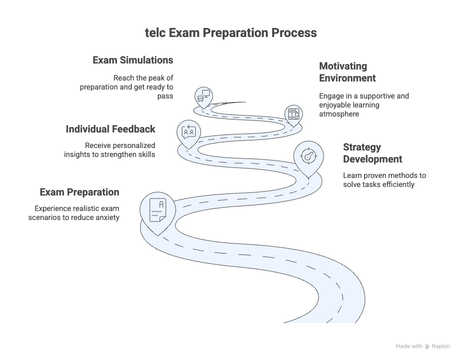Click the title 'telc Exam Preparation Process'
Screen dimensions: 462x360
pyautogui.click(x=231, y=33)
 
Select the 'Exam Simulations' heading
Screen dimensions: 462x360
pyautogui.click(x=133, y=60)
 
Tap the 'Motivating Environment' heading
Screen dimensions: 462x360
pyautogui.click(x=348, y=72)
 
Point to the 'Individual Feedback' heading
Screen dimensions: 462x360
pyautogui.click(x=110, y=129)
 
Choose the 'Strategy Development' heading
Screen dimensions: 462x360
pyautogui.click(x=373, y=153)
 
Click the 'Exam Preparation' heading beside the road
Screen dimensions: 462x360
pyautogui.click(x=79, y=192)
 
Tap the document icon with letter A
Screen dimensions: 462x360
pyautogui.click(x=158, y=210)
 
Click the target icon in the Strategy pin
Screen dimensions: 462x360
pyautogui.click(x=308, y=156)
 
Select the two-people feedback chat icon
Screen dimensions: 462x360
pyautogui.click(x=189, y=132)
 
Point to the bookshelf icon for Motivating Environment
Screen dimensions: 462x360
pyautogui.click(x=294, y=114)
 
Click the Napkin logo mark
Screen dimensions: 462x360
pyautogui.click(x=427, y=346)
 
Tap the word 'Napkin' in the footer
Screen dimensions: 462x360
pyautogui.click(x=441, y=346)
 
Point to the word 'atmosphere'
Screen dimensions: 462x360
pyautogui.click(x=339, y=114)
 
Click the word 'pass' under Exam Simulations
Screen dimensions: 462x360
pyautogui.click(x=165, y=96)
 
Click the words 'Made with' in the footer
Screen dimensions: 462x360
pyautogui.click(x=409, y=346)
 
